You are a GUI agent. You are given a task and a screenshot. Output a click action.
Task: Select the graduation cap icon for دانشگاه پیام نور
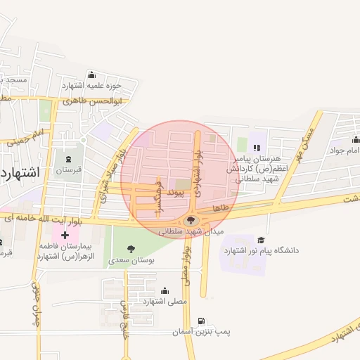[262, 240]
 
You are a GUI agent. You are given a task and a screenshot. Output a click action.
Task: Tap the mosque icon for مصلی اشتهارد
[165, 290]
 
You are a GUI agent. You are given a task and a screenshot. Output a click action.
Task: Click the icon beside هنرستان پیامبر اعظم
[257, 148]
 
